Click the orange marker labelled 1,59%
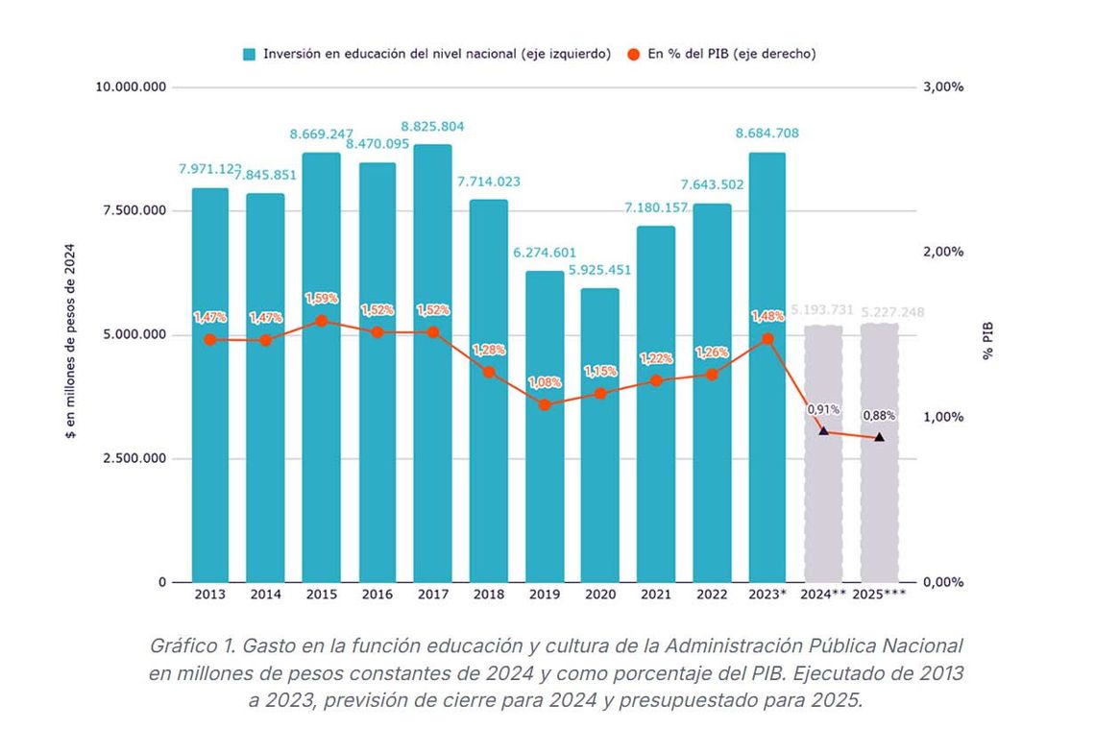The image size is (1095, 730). [x=322, y=322]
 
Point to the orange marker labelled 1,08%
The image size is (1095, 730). [x=545, y=404]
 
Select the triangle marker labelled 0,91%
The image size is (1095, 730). [x=823, y=430]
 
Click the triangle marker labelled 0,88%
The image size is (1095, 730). [x=879, y=437]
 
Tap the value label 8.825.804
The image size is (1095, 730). [x=432, y=126]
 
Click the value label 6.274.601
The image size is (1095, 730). [x=545, y=253]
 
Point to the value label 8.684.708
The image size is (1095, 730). [x=766, y=134]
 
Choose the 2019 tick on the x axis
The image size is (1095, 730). [x=545, y=595]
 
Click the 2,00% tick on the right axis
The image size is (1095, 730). [x=942, y=252]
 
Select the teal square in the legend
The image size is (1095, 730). [x=250, y=55]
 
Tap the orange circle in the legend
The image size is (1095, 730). [x=634, y=55]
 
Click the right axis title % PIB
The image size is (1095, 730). [x=987, y=341]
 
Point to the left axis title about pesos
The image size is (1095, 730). [x=70, y=341]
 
